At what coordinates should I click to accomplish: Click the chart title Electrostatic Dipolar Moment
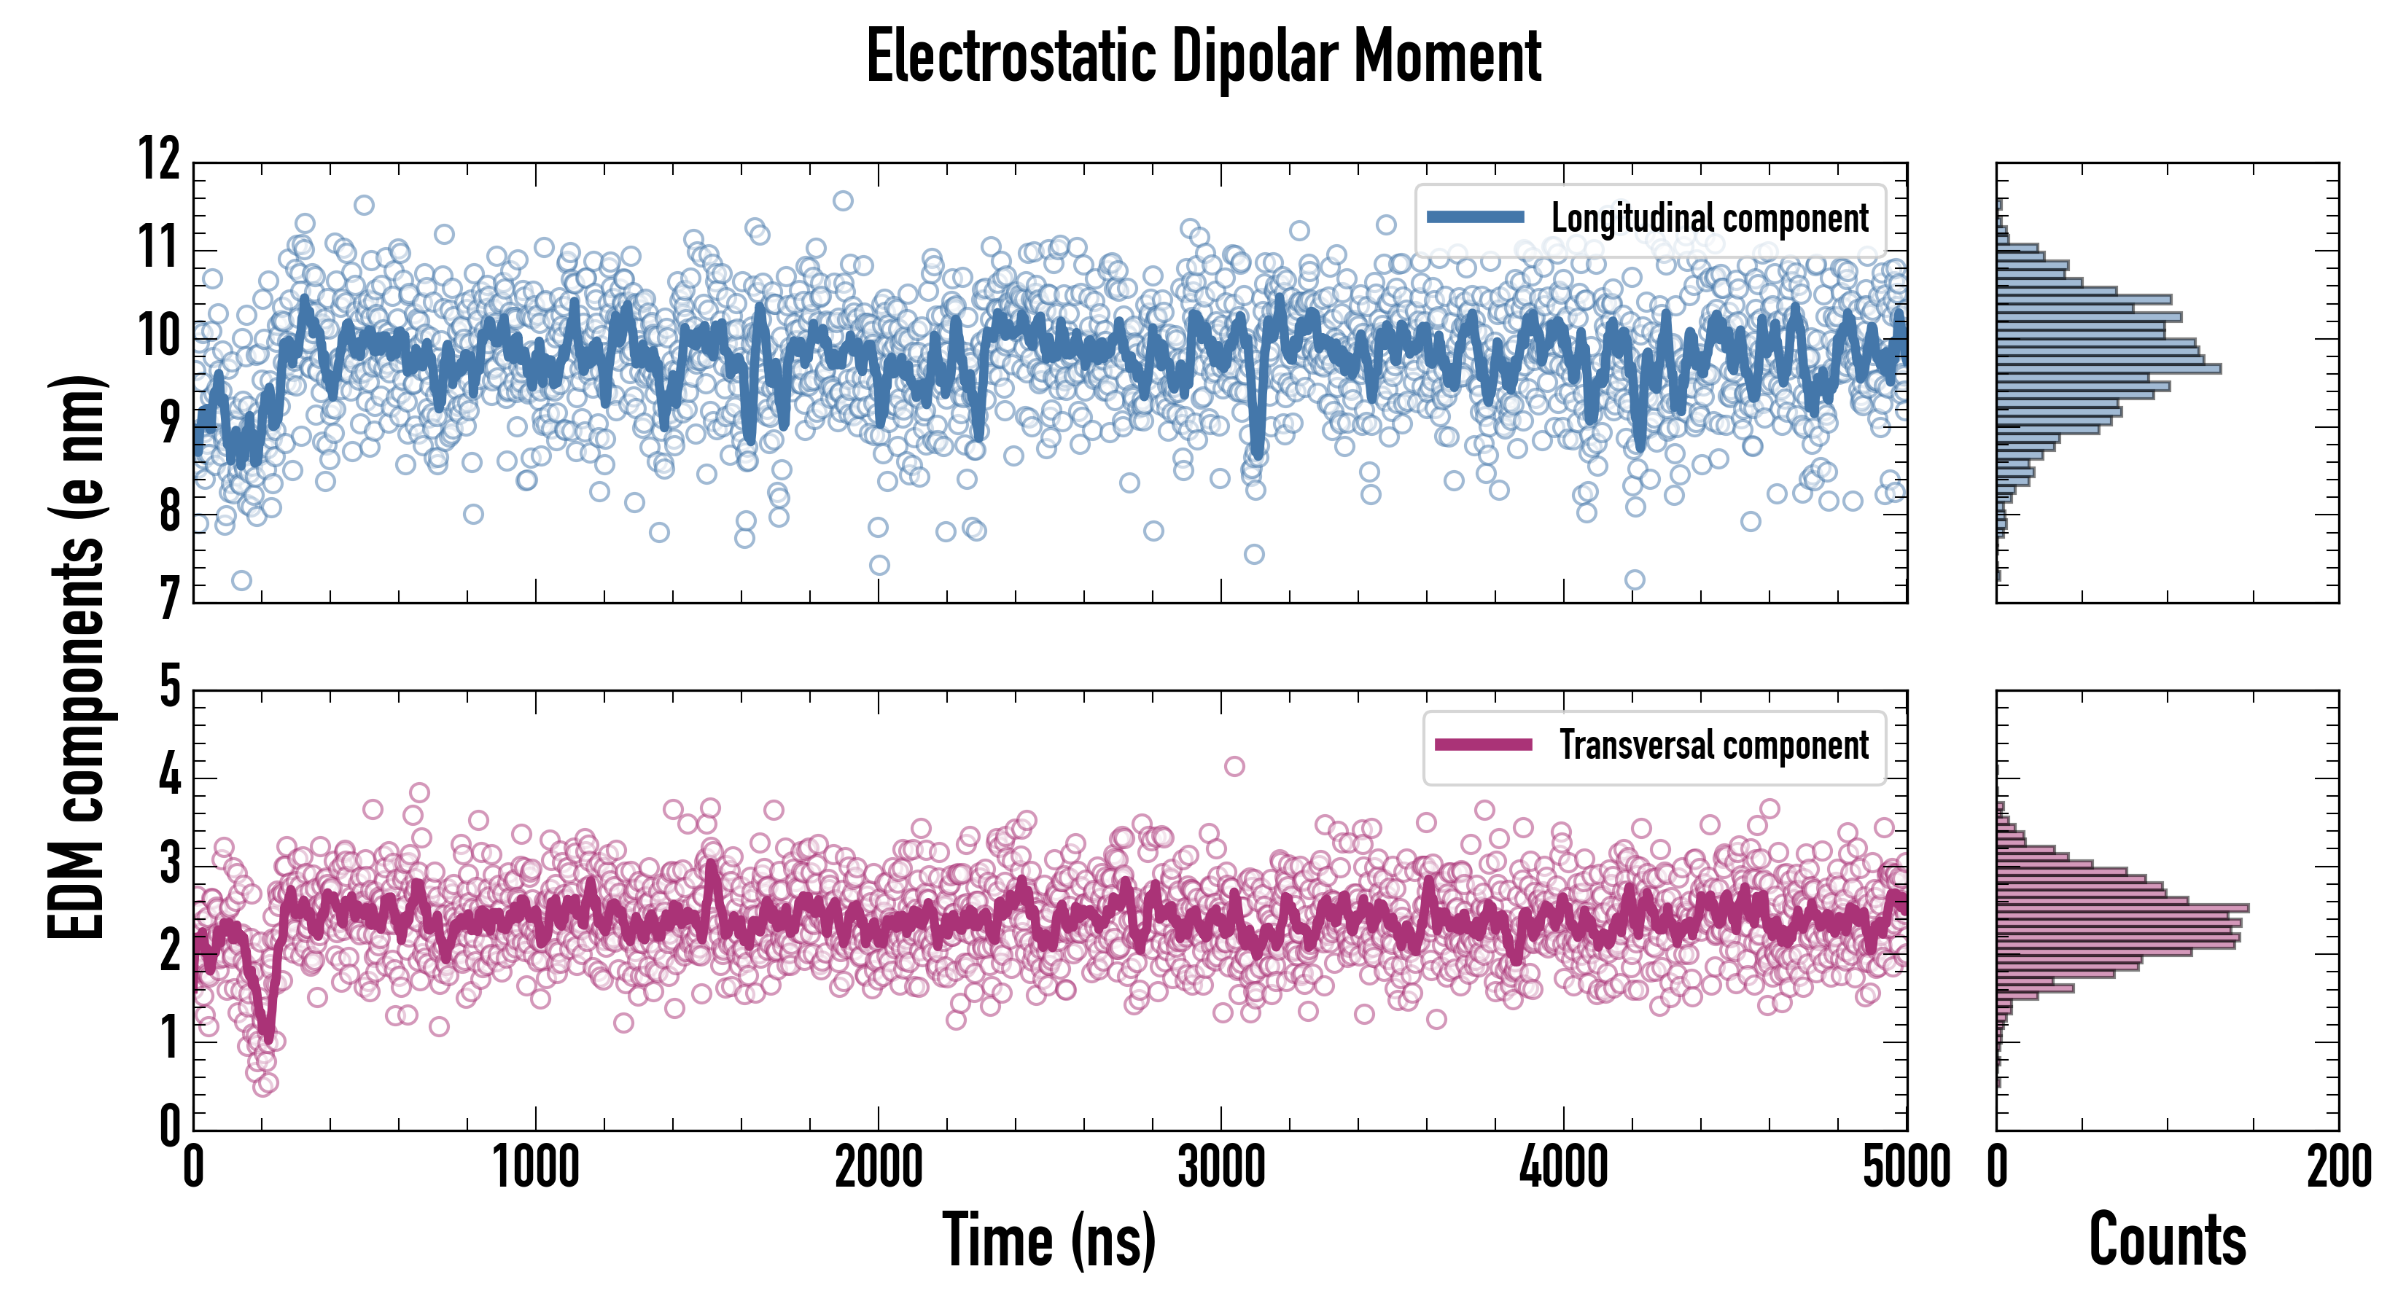[1203, 58]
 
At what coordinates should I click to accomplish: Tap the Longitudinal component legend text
[1709, 219]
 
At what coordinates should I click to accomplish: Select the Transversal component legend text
[1714, 745]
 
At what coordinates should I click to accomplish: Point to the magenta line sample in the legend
[1483, 744]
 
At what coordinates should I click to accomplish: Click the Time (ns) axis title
[1049, 1240]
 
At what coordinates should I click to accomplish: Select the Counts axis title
[2167, 1240]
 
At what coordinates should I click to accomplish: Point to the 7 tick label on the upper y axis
[169, 598]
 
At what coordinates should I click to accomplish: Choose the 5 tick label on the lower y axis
[169, 687]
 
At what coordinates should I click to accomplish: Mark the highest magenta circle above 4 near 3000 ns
[1234, 767]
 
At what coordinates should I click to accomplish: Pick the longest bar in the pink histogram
[2122, 907]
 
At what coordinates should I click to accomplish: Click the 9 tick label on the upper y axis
[169, 423]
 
